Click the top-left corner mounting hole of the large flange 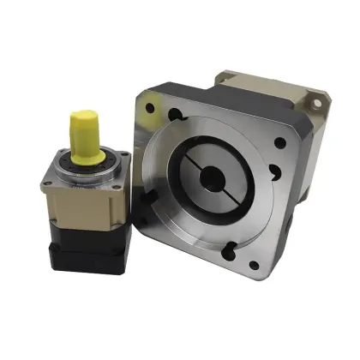click(150, 107)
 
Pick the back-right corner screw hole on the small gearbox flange click(123, 155)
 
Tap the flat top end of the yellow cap click(86, 115)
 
